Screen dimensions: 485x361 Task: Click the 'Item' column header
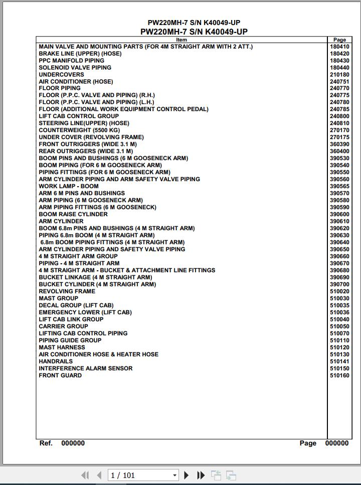(182, 40)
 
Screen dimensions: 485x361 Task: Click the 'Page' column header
(339, 40)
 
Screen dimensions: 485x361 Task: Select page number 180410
(339, 47)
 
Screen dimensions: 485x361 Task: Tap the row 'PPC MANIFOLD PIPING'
(72, 61)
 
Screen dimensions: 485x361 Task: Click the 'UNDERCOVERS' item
(61, 75)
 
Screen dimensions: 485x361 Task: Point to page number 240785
(339, 109)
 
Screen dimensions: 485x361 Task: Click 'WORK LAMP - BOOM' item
(69, 186)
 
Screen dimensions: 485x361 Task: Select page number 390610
(339, 221)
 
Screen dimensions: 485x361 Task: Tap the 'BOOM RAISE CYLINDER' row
(73, 214)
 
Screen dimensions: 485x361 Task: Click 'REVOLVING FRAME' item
(67, 291)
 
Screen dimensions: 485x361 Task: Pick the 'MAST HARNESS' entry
(62, 347)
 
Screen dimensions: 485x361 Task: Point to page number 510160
(339, 375)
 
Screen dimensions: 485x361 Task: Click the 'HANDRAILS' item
(56, 361)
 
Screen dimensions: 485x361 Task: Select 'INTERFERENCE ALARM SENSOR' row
(86, 368)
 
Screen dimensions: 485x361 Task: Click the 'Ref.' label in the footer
(46, 443)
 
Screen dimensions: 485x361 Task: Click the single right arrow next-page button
(187, 475)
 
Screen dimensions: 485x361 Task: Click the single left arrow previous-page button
(99, 475)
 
